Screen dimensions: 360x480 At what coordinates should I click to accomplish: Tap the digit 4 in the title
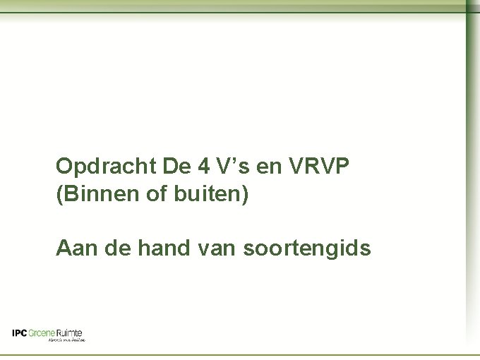pos(203,167)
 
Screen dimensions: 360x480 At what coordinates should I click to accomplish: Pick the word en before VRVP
pos(266,169)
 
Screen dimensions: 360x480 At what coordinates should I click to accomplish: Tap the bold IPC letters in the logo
pos(20,332)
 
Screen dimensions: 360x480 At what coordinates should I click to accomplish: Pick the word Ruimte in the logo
pos(69,332)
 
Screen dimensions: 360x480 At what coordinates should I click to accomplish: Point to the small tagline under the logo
pos(67,340)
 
